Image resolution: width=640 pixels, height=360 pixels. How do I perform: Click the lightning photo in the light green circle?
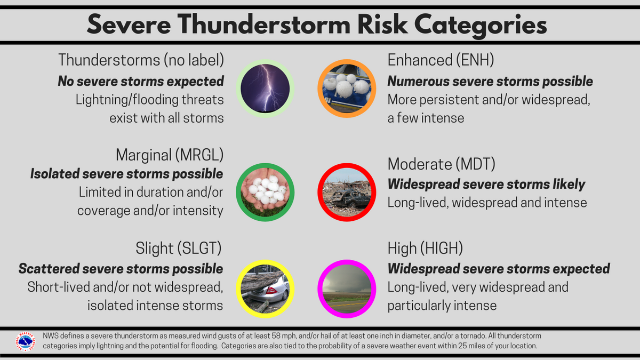[x=266, y=88]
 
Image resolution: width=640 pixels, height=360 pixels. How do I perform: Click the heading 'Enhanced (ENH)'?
[x=440, y=60]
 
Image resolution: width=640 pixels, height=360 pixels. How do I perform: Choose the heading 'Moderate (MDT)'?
[x=441, y=164]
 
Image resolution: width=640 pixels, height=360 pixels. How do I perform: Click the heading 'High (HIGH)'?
[x=425, y=248]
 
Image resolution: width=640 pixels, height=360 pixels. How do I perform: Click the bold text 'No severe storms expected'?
[x=140, y=81]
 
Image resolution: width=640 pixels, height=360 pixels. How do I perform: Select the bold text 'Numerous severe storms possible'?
[x=490, y=81]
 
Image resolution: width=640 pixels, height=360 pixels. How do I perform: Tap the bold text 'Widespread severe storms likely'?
[x=486, y=185]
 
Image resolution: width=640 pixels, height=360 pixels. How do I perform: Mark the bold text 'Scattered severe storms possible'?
[x=121, y=268]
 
